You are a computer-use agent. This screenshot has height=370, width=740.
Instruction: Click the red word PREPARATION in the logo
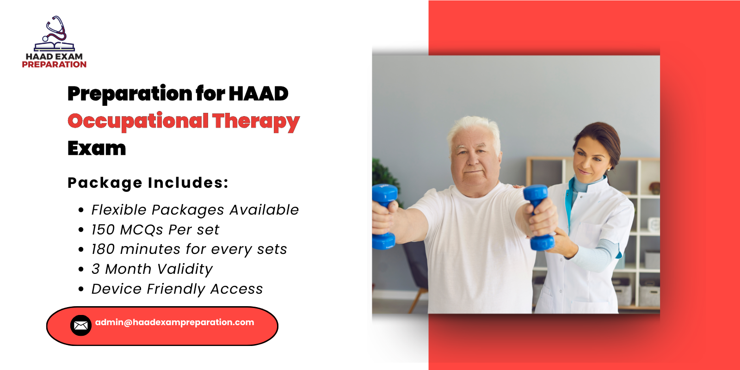pos(54,65)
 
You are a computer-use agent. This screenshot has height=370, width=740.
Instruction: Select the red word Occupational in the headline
pos(138,121)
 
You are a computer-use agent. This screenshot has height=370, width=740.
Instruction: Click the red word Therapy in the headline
pos(256,121)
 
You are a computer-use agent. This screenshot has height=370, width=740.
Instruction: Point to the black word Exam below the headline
pos(97,148)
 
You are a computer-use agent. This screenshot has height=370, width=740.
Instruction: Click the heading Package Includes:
pos(148,183)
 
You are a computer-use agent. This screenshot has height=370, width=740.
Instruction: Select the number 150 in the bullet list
pos(103,230)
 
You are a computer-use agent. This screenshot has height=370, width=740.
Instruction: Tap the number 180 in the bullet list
pos(103,249)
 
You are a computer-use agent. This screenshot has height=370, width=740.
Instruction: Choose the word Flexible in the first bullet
pos(119,210)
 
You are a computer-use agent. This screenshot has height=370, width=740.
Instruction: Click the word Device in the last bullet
pos(117,289)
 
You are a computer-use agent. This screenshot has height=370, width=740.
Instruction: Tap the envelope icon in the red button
pos(81,326)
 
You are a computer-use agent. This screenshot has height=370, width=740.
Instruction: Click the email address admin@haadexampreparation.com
pos(174,322)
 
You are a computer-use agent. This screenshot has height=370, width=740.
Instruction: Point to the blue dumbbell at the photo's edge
pos(383,216)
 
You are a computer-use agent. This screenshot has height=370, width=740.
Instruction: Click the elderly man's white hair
pos(474,128)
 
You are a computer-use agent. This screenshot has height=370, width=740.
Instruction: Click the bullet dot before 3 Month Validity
pos(81,269)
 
